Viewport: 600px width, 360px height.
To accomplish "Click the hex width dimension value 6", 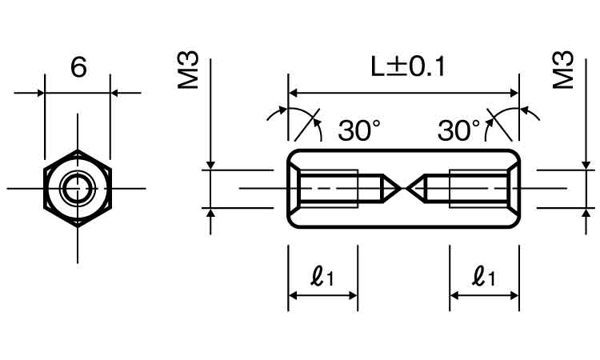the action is click(x=78, y=67).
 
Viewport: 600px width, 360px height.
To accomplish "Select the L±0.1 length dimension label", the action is click(x=408, y=66).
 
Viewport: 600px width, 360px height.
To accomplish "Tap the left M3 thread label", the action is click(x=188, y=70).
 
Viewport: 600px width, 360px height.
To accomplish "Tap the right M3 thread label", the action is click(x=564, y=70).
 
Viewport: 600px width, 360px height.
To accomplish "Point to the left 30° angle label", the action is click(x=359, y=130).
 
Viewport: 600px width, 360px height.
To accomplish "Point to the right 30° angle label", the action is click(x=459, y=130).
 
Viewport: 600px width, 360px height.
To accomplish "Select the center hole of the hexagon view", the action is click(x=78, y=188).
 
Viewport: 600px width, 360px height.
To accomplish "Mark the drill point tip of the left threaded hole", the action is click(x=400, y=188).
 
